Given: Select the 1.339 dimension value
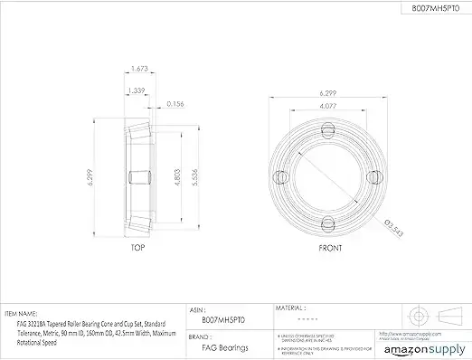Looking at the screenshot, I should click(x=137, y=90).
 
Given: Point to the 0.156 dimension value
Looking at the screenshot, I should click(x=177, y=104).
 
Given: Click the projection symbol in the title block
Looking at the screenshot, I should click(x=430, y=317).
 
